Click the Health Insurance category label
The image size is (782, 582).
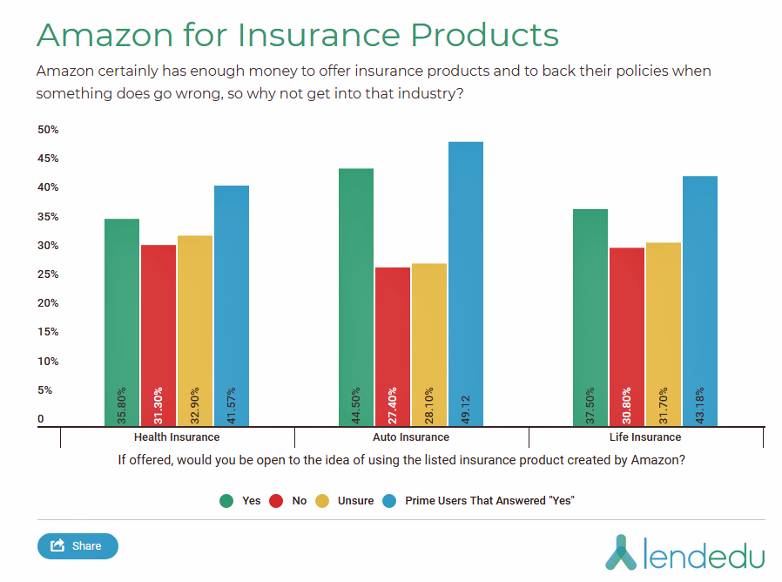click(x=177, y=437)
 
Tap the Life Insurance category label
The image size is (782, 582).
click(x=645, y=437)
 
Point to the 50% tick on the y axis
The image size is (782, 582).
click(x=48, y=130)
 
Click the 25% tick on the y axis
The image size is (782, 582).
click(x=48, y=274)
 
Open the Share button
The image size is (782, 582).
click(x=78, y=546)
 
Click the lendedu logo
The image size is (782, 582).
click(x=684, y=552)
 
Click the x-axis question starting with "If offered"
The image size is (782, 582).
click(x=401, y=460)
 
